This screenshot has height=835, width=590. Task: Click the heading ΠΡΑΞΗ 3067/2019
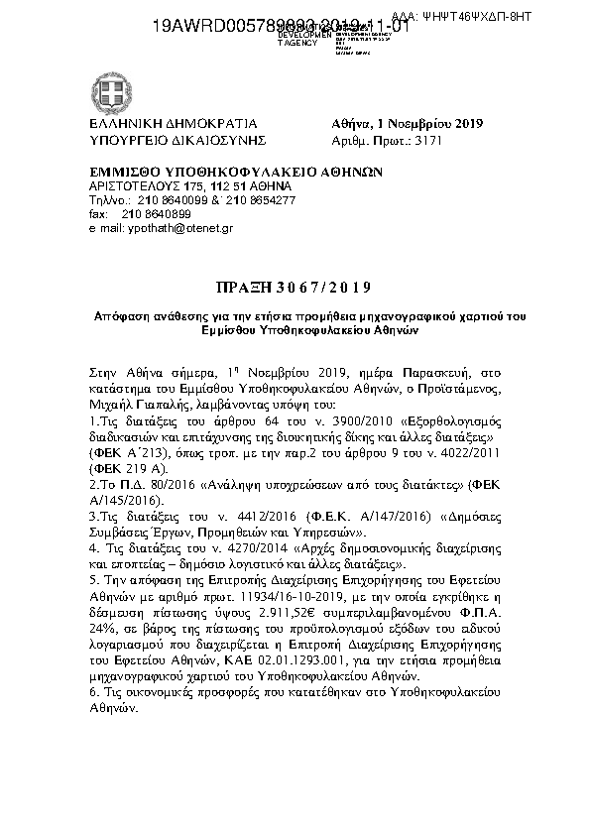[295, 289]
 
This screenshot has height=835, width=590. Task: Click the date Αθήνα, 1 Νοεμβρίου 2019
[407, 125]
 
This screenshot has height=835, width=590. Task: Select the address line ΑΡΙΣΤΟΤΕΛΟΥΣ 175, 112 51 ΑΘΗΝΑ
[177, 185]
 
